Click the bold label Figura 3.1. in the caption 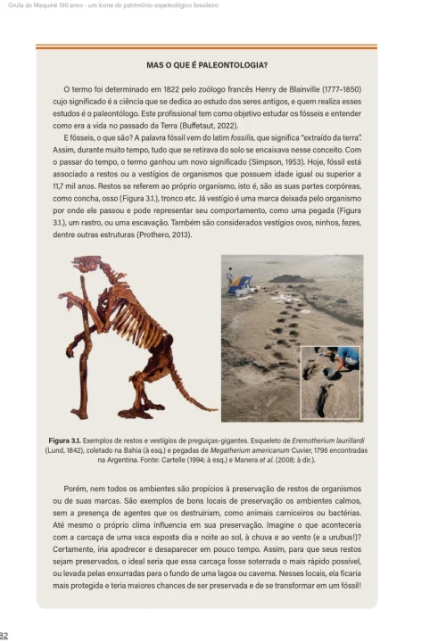pos(67,440)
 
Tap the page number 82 pos(5,635)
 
